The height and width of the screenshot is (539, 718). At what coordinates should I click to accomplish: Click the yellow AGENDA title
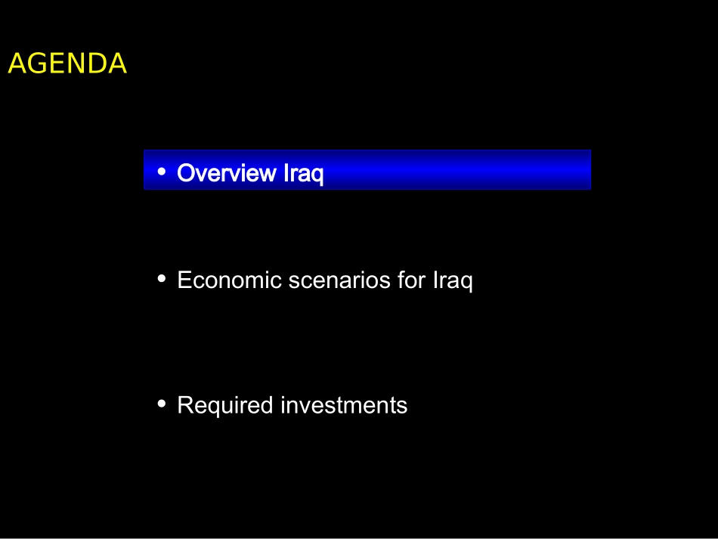(67, 64)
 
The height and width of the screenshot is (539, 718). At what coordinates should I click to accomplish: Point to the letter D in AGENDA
(95, 64)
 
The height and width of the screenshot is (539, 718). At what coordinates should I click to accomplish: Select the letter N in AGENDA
(74, 64)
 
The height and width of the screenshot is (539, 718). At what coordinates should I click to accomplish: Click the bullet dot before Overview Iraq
(161, 172)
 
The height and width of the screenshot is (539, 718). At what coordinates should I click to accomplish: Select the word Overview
(227, 173)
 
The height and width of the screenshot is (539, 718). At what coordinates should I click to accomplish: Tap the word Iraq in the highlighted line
(304, 174)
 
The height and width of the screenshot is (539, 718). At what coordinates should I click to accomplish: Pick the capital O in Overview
(186, 173)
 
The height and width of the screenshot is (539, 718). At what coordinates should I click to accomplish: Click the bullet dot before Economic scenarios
(161, 278)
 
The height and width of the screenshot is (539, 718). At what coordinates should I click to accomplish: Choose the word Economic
(230, 280)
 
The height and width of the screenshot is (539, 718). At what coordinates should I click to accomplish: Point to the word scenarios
(339, 280)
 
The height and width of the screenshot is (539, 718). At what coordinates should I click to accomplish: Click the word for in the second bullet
(412, 280)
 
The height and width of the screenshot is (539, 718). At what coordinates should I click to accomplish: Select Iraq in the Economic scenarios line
(453, 280)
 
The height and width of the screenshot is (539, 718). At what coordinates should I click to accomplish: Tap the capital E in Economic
(184, 280)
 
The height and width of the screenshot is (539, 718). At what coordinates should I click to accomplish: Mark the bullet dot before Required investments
(161, 404)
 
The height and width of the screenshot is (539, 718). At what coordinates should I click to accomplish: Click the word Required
(225, 406)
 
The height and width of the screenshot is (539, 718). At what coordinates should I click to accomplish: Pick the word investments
(344, 405)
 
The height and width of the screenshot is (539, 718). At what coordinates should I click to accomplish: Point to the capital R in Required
(186, 405)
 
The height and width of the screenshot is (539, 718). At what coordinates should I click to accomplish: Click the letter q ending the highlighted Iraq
(317, 176)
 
